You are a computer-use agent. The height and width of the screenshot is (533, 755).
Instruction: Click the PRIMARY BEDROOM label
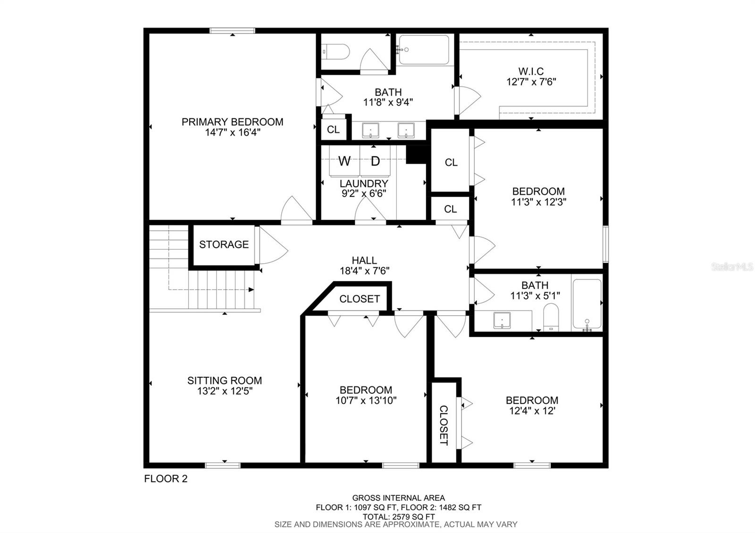[232, 122]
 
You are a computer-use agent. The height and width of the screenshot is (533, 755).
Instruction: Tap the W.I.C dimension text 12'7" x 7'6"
[531, 82]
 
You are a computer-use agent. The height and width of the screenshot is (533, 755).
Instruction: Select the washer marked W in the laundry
[344, 161]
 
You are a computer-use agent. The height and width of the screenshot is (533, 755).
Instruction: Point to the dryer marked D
[375, 161]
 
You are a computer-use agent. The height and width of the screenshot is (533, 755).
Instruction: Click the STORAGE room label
[224, 244]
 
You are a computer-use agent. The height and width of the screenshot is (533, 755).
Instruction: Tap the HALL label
[364, 260]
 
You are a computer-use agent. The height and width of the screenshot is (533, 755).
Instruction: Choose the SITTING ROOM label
[225, 380]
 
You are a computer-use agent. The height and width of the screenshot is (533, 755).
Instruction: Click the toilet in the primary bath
[336, 52]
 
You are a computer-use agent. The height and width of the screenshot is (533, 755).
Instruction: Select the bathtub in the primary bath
[424, 50]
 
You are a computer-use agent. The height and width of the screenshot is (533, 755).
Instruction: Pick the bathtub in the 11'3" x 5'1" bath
[587, 304]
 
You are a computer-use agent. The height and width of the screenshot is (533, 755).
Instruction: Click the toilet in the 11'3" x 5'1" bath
[551, 317]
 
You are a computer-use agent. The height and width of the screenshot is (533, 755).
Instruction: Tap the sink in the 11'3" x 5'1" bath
[502, 320]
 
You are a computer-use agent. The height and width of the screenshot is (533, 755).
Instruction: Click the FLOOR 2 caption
[166, 478]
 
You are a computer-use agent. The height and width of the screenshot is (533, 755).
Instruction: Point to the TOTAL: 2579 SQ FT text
[398, 516]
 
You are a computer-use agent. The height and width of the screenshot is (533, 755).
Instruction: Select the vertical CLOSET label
[444, 425]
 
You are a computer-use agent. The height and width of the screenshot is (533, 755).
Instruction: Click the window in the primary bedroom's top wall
[232, 31]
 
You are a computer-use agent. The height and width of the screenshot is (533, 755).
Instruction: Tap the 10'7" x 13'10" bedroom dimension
[366, 400]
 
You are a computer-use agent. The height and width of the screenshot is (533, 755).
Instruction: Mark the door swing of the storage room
[274, 245]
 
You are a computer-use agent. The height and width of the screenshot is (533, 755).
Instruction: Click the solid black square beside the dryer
[417, 155]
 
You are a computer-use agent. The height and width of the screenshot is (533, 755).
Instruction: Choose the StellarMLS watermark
[732, 267]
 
